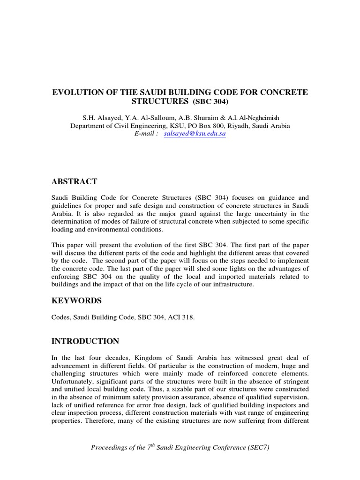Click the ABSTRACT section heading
pyautogui.click(x=74, y=181)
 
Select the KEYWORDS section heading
pyautogui.click(x=76, y=300)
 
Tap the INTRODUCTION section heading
pyautogui.click(x=85, y=341)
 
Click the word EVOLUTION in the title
pyautogui.click(x=80, y=92)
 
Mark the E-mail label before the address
pyautogui.click(x=146, y=134)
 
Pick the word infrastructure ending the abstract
pyautogui.click(x=230, y=285)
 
